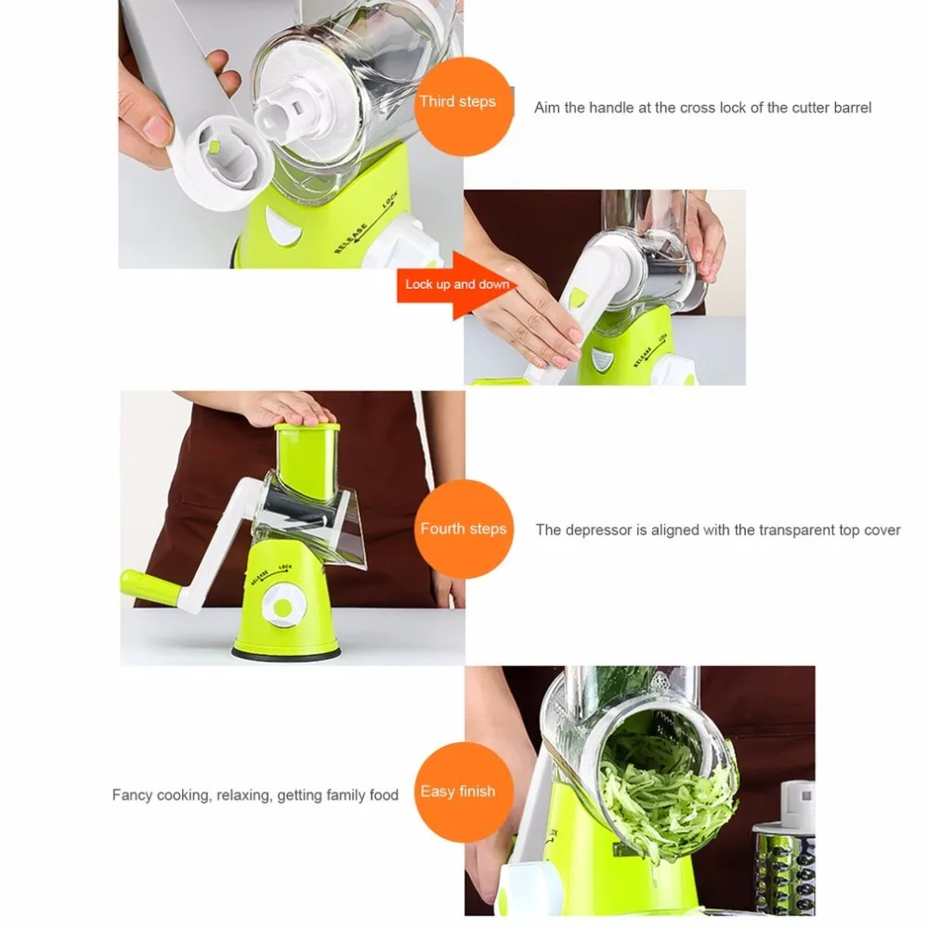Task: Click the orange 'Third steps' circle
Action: click(463, 107)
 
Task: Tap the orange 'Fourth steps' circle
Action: click(464, 529)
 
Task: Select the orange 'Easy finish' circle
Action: click(464, 792)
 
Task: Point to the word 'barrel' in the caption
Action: click(853, 108)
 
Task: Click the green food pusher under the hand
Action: click(307, 459)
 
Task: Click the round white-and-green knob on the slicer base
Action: click(282, 608)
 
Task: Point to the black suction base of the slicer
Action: click(285, 653)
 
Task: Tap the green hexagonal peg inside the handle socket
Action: click(214, 146)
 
